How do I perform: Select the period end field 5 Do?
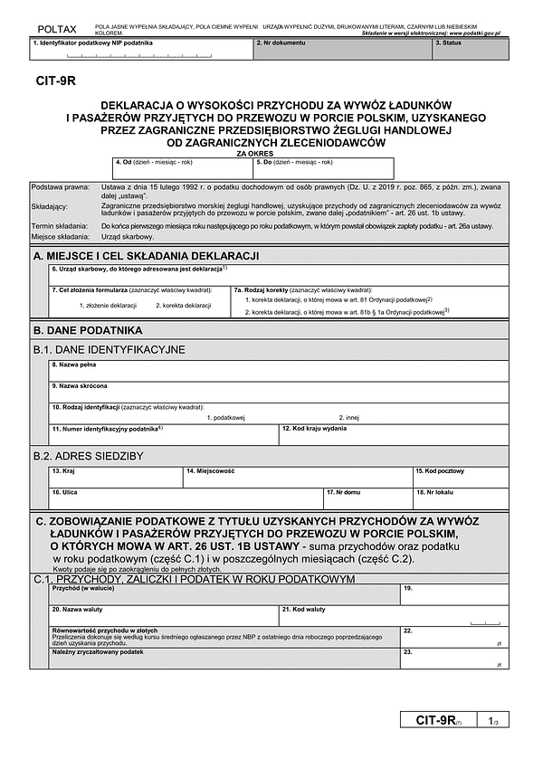pyautogui.click(x=324, y=169)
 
